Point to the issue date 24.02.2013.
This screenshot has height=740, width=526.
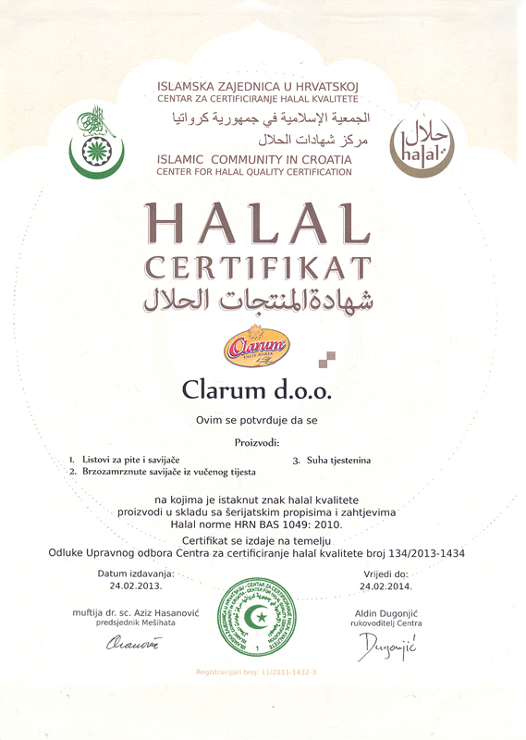coord(135,586)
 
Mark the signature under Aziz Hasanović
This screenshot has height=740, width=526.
coord(133,646)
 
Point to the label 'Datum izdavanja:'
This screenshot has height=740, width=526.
coord(135,573)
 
